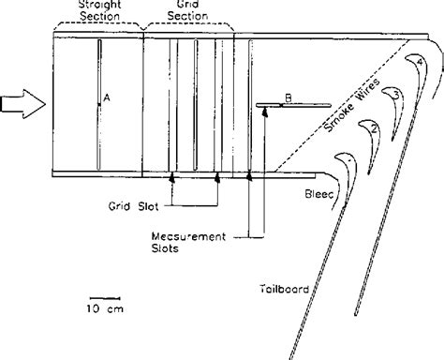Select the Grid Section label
[183, 10]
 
